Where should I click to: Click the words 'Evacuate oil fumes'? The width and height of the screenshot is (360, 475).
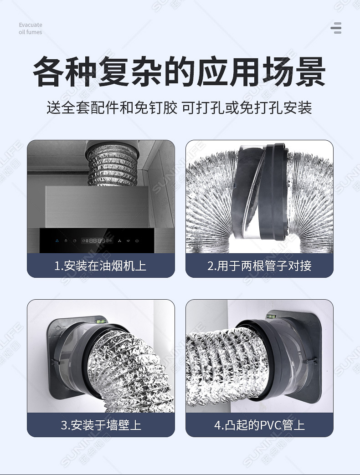[31, 29]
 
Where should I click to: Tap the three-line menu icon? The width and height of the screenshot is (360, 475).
[336, 28]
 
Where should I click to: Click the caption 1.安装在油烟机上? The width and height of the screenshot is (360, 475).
[100, 266]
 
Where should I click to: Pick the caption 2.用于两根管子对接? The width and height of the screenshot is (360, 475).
[259, 266]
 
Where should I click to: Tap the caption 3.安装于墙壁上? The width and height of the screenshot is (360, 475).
[101, 425]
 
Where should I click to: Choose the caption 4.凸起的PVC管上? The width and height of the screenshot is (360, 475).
[259, 425]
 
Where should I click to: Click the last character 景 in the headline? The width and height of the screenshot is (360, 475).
[309, 72]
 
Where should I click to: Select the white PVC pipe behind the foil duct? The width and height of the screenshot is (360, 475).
[205, 319]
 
